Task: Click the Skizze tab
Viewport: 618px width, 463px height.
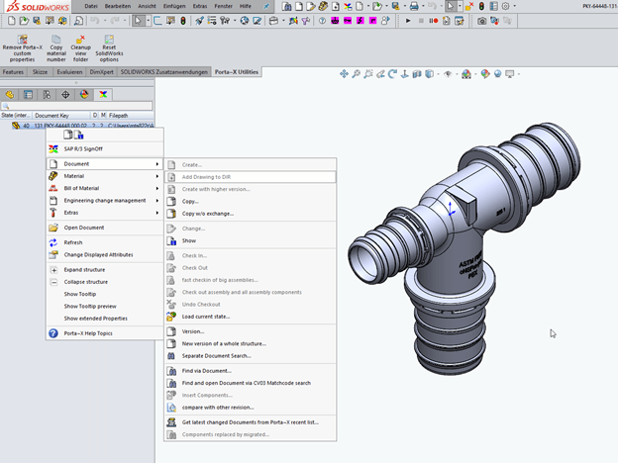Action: tap(41, 72)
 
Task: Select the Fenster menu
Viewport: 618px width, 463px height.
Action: tap(224, 7)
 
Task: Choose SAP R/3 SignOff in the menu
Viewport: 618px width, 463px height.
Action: tap(83, 148)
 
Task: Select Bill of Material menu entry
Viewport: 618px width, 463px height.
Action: tap(82, 188)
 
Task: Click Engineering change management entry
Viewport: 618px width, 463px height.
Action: tap(105, 200)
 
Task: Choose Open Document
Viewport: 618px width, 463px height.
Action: tap(84, 228)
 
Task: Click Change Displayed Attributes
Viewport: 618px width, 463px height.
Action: tap(98, 254)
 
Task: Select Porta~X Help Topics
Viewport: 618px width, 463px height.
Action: tap(88, 333)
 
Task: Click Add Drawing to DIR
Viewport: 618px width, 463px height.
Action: tap(206, 176)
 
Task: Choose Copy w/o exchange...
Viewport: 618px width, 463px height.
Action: tap(208, 213)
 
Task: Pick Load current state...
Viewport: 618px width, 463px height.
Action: tap(207, 316)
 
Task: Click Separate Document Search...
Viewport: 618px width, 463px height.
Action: tap(216, 355)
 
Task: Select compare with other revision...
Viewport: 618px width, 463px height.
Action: tap(218, 407)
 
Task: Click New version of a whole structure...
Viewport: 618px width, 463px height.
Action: tap(223, 343)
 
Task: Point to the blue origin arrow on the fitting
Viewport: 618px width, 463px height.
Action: tap(451, 209)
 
